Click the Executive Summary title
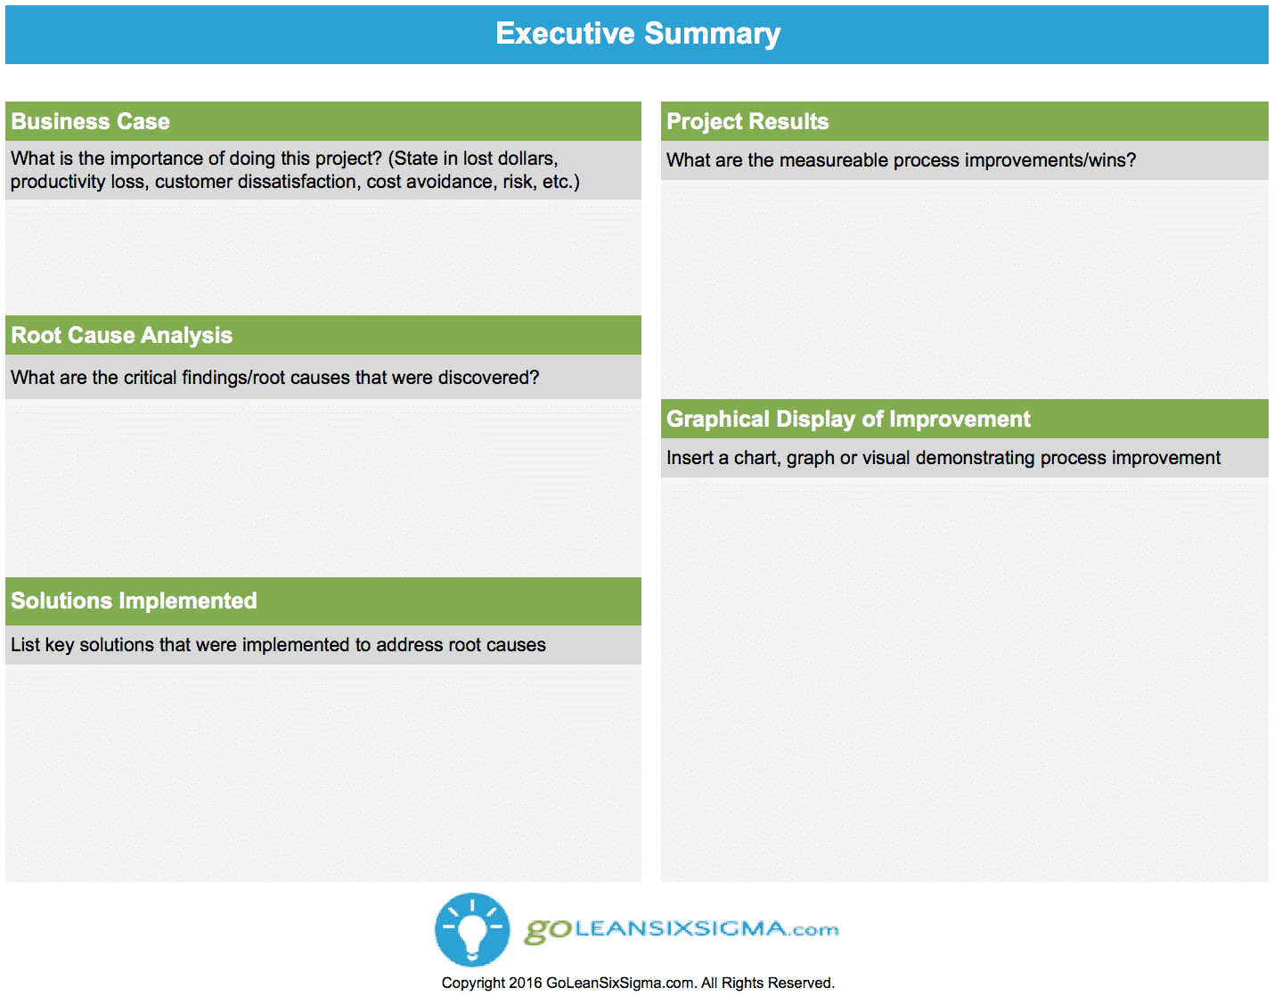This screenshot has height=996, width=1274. (x=638, y=34)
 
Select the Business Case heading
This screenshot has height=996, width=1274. (x=90, y=121)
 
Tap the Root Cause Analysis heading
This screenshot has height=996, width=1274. (x=122, y=335)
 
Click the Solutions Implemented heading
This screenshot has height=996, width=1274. (x=135, y=600)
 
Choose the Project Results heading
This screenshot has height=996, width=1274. (x=747, y=121)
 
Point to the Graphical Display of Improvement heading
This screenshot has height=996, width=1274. (x=848, y=419)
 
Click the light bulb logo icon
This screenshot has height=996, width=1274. (x=472, y=929)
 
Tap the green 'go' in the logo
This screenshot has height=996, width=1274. (x=548, y=931)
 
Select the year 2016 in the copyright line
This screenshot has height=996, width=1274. (x=526, y=984)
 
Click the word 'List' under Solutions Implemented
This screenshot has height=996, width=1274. (x=25, y=645)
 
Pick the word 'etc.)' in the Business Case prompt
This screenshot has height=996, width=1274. (x=561, y=182)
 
